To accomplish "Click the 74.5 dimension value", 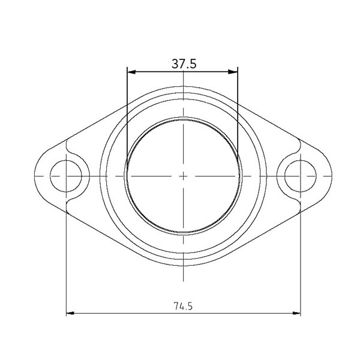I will coord(182,306).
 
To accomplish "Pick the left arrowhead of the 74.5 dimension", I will coord(70,313).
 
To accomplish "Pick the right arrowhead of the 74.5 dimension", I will coord(296,313).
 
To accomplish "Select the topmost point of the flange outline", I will coord(182,86).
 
